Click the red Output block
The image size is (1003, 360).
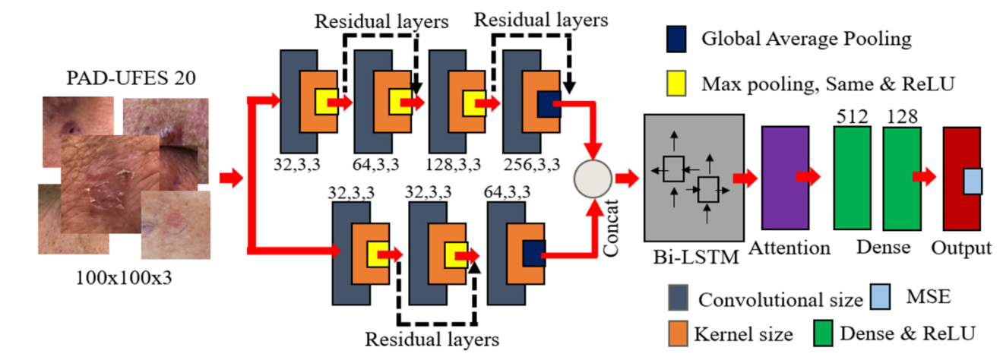[960, 179]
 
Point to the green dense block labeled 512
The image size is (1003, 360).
[853, 178]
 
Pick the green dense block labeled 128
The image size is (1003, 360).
[902, 178]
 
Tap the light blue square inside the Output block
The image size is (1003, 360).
[973, 182]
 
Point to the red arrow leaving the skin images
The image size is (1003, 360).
[230, 179]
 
